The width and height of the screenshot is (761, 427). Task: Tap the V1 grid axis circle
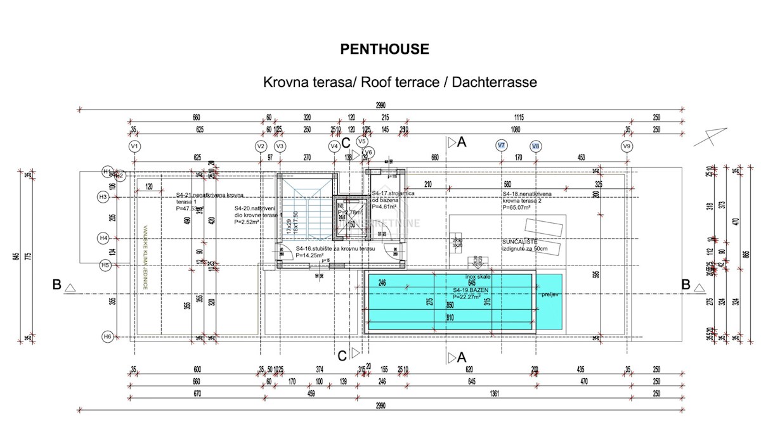pos(134,146)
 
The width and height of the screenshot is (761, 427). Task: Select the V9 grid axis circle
pos(627,146)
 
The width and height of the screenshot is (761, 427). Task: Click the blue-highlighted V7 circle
pos(501,146)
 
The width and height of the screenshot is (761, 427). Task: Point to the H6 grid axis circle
pos(107,336)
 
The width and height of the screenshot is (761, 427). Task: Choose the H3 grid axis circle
pos(105,198)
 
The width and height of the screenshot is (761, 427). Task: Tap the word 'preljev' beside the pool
pos(549,295)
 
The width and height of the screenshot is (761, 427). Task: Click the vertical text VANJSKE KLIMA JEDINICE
pos(145,258)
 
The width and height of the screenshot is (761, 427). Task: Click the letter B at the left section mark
pos(57,285)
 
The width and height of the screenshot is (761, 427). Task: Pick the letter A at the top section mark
pos(462,142)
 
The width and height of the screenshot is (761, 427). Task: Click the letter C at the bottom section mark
pos(342,355)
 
